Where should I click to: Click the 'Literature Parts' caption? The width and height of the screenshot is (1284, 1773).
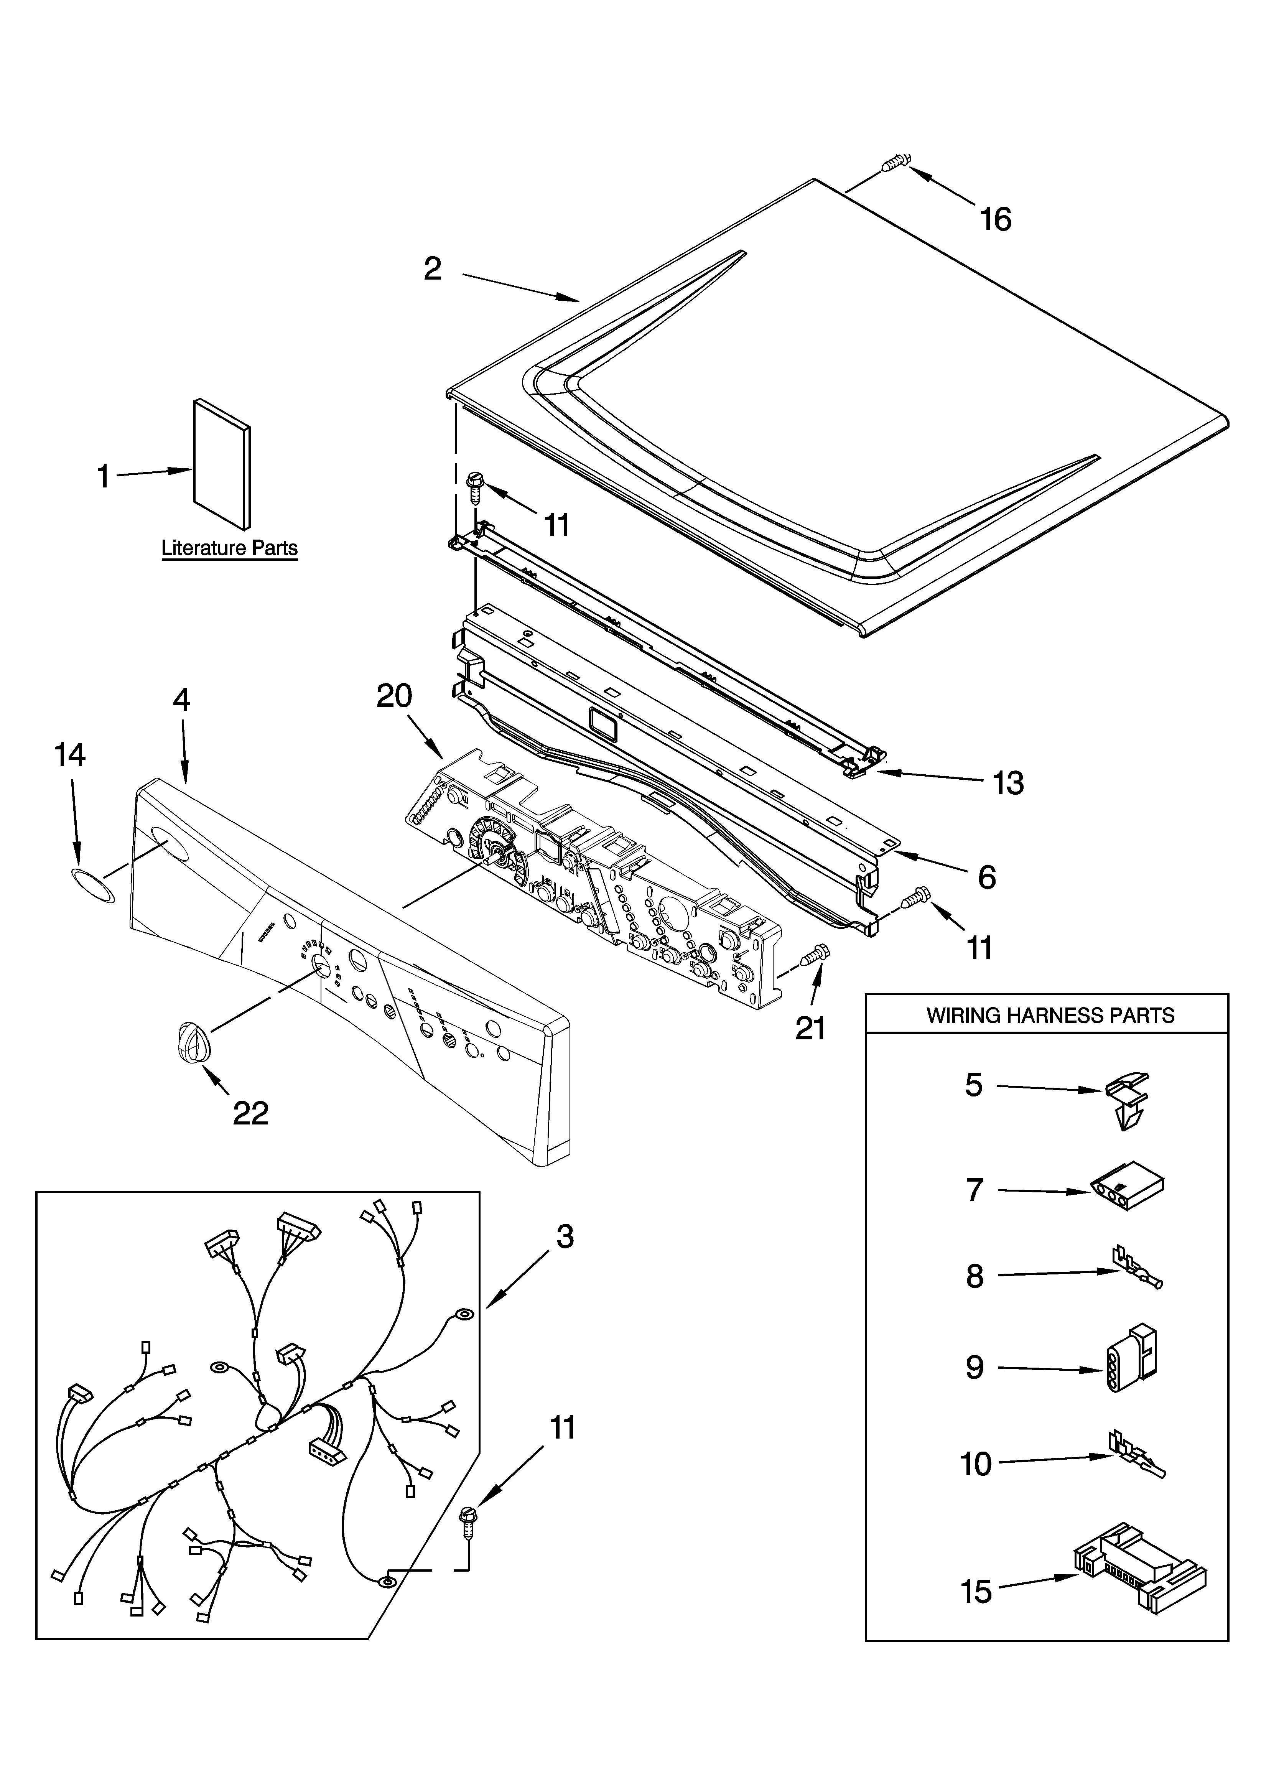coord(229,548)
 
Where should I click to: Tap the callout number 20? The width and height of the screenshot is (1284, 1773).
coord(394,696)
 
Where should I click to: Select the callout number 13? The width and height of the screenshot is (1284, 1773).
coord(1008,782)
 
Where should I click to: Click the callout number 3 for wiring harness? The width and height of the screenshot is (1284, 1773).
coord(565,1237)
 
